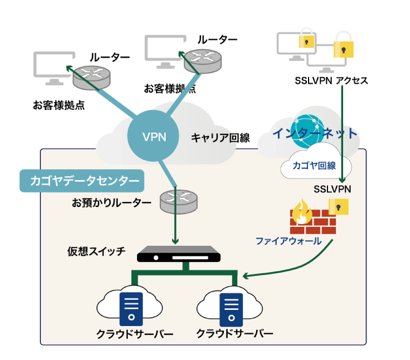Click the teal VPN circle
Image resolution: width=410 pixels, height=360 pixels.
coord(154,136)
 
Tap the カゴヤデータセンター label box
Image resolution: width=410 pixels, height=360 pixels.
coord(82,182)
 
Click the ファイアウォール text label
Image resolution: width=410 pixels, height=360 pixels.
coord(289,241)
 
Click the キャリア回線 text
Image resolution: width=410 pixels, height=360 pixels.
coord(220,138)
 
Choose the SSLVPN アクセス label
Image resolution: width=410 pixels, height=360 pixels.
coord(331,81)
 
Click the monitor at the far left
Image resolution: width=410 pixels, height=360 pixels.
coord(52,68)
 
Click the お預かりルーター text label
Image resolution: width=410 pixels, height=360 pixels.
coord(112,203)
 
